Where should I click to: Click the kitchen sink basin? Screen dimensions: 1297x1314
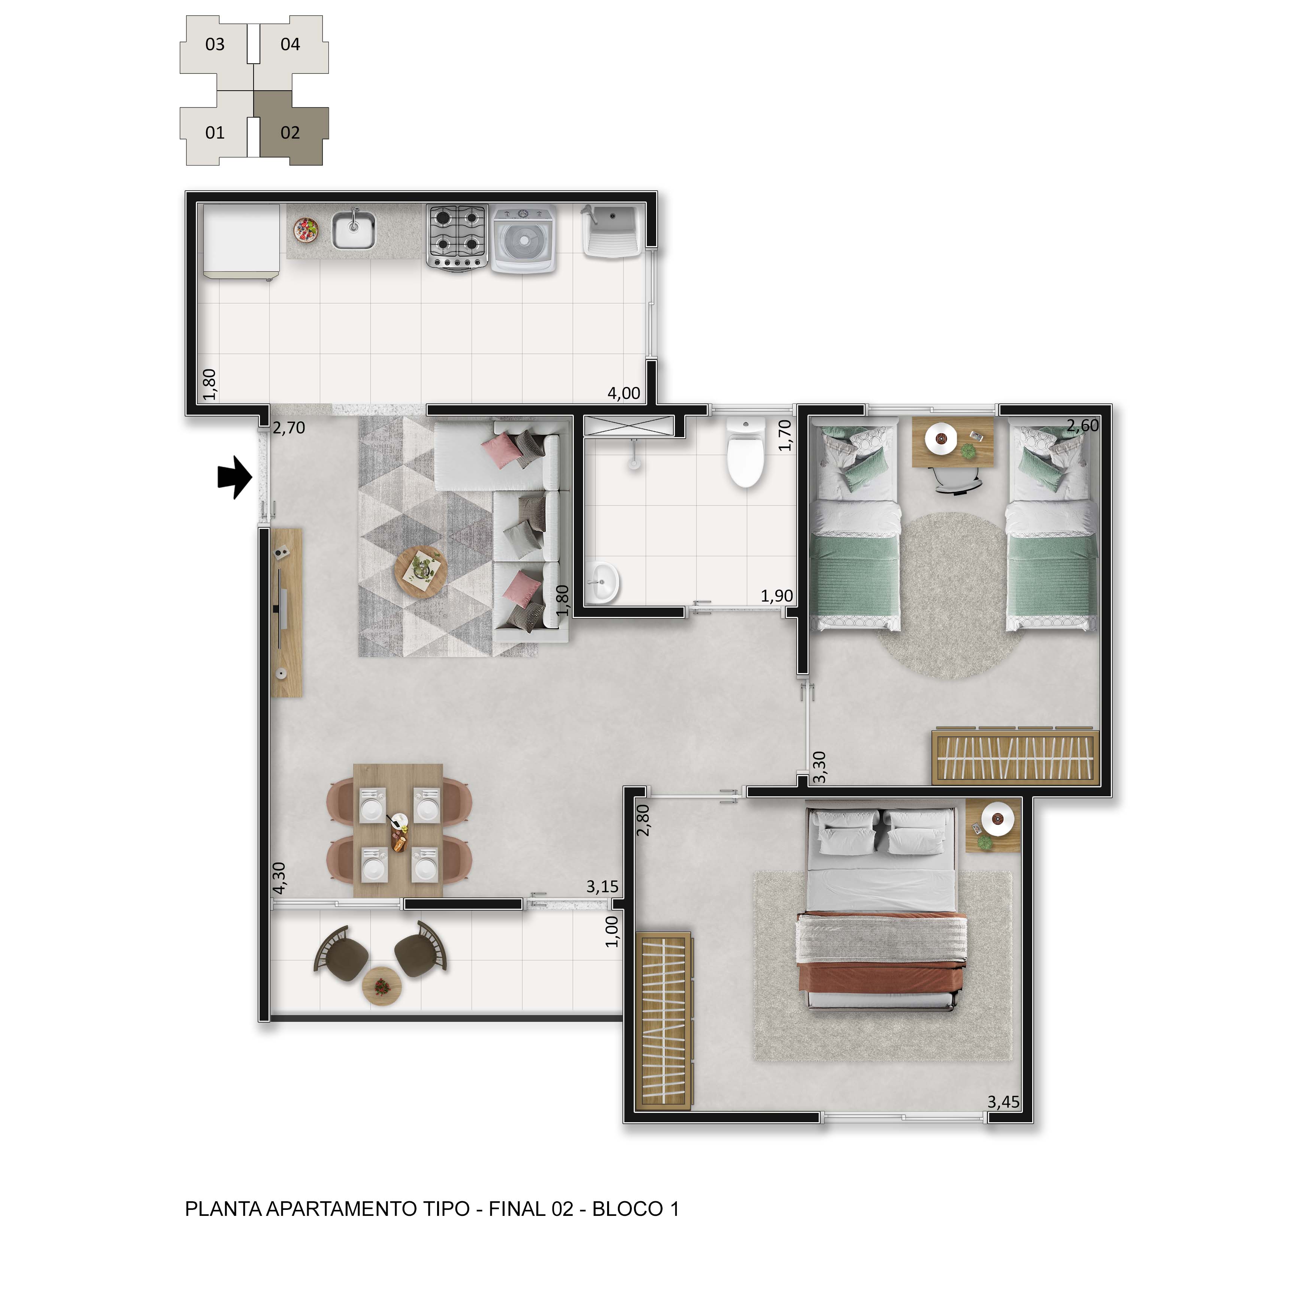(x=353, y=230)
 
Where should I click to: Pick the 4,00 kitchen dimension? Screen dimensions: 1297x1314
(x=624, y=393)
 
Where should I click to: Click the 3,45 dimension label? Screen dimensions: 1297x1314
(x=1003, y=1102)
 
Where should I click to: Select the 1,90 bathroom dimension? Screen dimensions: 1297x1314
(x=776, y=596)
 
